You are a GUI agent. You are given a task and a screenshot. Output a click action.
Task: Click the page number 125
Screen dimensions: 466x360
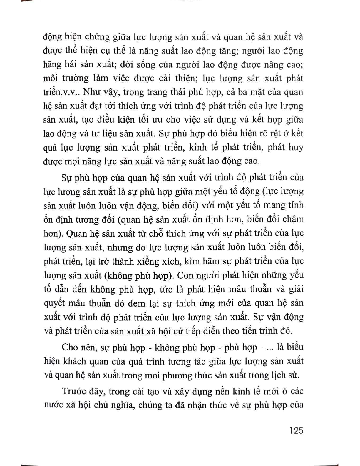[296, 431]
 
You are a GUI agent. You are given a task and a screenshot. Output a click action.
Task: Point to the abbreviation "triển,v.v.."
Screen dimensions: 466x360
[61, 92]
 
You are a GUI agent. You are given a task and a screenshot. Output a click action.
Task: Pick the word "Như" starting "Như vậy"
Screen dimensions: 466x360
[91, 92]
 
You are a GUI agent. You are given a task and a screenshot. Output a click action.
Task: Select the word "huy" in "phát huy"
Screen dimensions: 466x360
[296, 148]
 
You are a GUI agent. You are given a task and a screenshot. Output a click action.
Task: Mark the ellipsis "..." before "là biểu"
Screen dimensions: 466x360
[269, 348]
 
